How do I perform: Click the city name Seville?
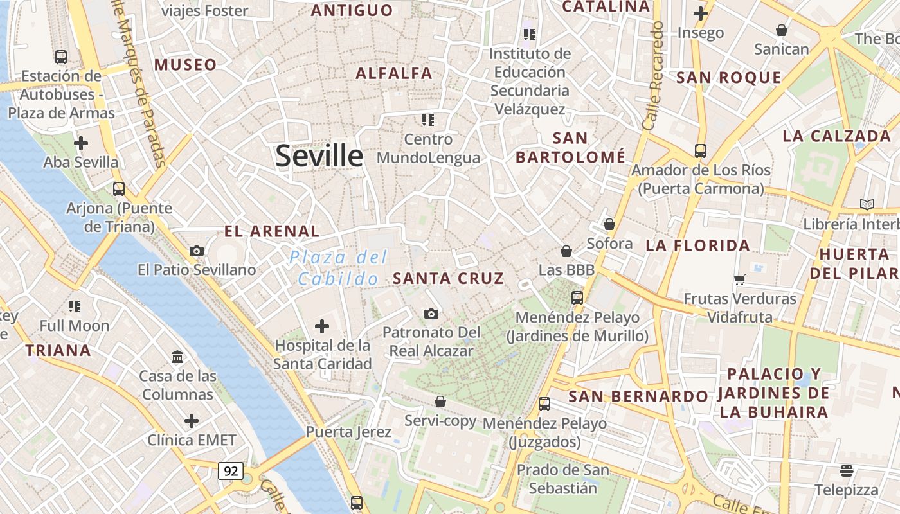(x=319, y=156)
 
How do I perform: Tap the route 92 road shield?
(x=231, y=471)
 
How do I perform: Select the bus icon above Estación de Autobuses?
(x=61, y=57)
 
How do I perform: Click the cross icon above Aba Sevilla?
(x=81, y=143)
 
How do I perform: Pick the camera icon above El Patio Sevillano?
(x=197, y=251)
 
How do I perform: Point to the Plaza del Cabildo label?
(x=338, y=268)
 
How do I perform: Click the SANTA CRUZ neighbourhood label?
(x=448, y=278)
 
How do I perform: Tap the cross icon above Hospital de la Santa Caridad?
(x=322, y=326)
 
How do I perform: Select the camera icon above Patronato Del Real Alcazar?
(x=431, y=314)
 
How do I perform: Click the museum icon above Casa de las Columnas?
(x=177, y=357)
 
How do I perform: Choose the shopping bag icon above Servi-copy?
(x=440, y=402)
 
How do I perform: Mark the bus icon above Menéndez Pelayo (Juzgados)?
(x=544, y=404)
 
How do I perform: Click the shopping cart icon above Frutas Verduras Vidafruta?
(x=740, y=279)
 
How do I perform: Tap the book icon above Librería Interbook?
(x=867, y=204)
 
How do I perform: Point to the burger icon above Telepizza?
(x=847, y=471)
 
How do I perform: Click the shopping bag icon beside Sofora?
(x=609, y=224)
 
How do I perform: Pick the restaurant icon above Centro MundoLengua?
(x=428, y=120)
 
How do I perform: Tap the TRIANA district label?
(x=58, y=350)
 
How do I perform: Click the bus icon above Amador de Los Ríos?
(x=701, y=151)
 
